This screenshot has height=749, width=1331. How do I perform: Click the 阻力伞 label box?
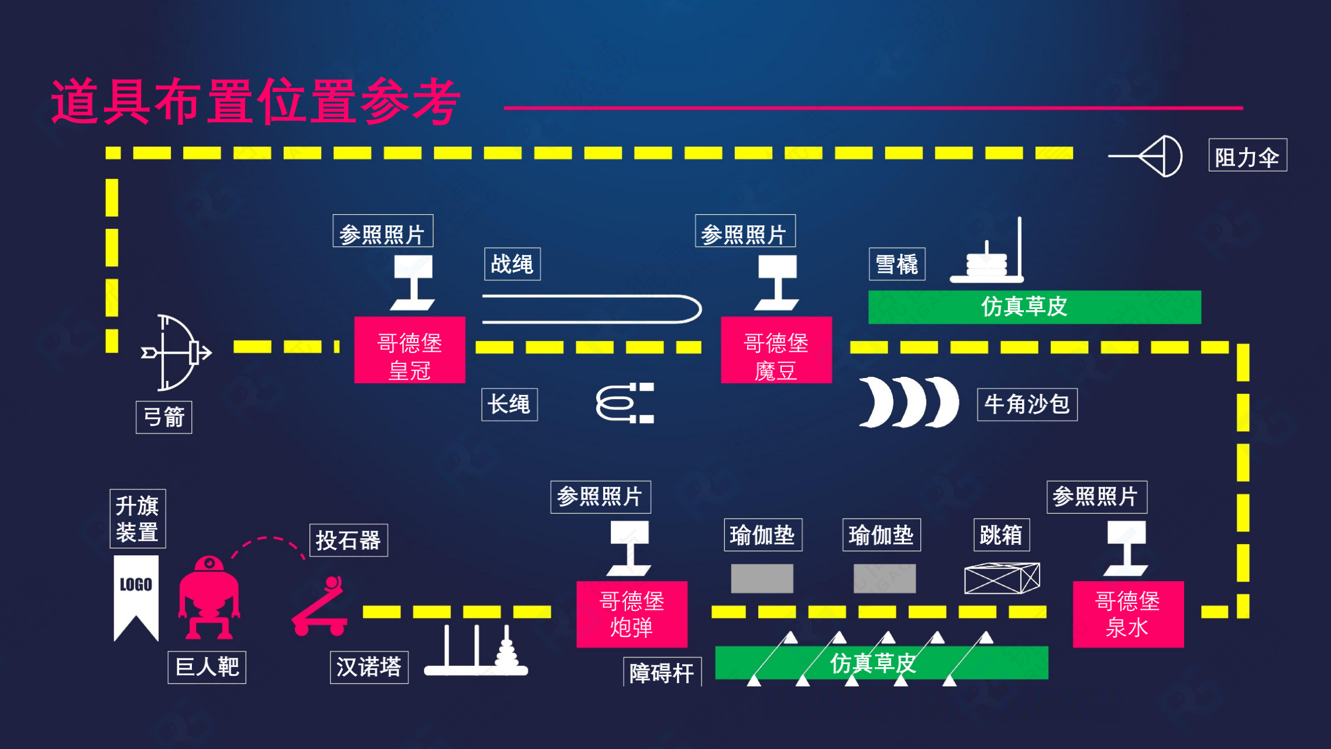pos(1247,155)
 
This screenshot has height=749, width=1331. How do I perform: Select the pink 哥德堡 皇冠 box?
pos(410,350)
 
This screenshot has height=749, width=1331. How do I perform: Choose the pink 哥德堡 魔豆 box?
pos(776,350)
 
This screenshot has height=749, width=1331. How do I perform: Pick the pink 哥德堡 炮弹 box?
pos(632,614)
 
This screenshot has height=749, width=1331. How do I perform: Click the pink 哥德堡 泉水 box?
pos(1128,614)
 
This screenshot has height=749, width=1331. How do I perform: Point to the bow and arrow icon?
pos(176,353)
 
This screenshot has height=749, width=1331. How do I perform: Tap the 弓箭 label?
pos(164,417)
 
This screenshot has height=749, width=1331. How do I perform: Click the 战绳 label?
pos(512,264)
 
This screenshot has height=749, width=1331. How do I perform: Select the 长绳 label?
pos(510,404)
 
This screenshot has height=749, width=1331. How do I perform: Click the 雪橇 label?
pos(897,264)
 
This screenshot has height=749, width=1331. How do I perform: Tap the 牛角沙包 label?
pos(1027,404)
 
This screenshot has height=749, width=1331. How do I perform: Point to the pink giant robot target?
pos(209,597)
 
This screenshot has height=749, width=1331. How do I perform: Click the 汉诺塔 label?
pos(369,667)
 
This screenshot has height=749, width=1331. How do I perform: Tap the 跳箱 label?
pos(1001,535)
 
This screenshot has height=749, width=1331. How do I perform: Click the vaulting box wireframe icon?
pos(1002,578)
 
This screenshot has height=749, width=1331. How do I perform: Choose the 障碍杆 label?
pos(662,672)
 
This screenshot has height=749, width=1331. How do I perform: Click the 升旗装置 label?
pos(137,518)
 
